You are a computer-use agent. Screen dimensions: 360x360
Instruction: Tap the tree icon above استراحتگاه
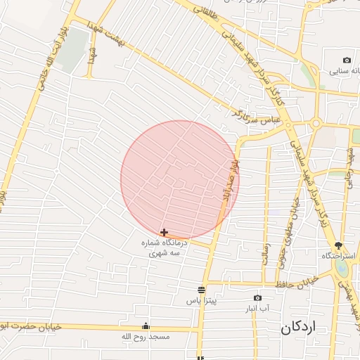pos(339,245)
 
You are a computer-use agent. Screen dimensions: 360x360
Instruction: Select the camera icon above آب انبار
pos(257,298)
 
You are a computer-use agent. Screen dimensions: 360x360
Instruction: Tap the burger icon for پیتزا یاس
pos(202,290)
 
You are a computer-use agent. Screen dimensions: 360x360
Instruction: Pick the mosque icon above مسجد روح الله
pos(146,326)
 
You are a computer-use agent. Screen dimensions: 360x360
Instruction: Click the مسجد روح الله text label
pos(146,337)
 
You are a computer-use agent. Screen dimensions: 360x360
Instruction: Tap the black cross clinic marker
pos(164,232)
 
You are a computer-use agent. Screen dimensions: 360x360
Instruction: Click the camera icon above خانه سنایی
pos(346,60)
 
